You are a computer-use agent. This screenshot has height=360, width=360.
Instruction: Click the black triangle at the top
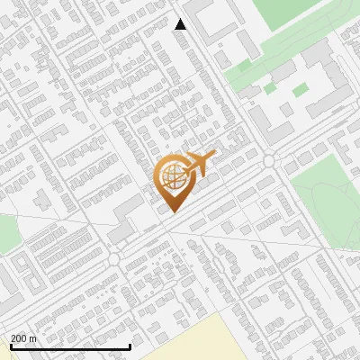pos(180,24)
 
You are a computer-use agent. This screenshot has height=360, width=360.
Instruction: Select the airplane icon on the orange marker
pos(202,163)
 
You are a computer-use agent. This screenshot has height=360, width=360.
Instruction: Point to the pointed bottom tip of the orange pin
pos(172,211)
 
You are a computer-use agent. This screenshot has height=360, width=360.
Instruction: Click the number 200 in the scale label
pos(19,338)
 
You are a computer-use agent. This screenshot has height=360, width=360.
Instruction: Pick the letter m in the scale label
pos(33,338)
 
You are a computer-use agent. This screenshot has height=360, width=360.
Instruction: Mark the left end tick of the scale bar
pos(11,346)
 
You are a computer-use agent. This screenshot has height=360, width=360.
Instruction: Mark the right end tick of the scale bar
pos(130,346)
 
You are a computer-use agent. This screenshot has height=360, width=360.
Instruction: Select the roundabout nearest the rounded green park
pos(269,160)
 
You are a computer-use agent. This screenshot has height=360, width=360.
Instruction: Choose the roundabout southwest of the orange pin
pos(114,258)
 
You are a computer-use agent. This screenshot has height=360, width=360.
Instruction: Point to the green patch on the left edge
pos(7,234)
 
